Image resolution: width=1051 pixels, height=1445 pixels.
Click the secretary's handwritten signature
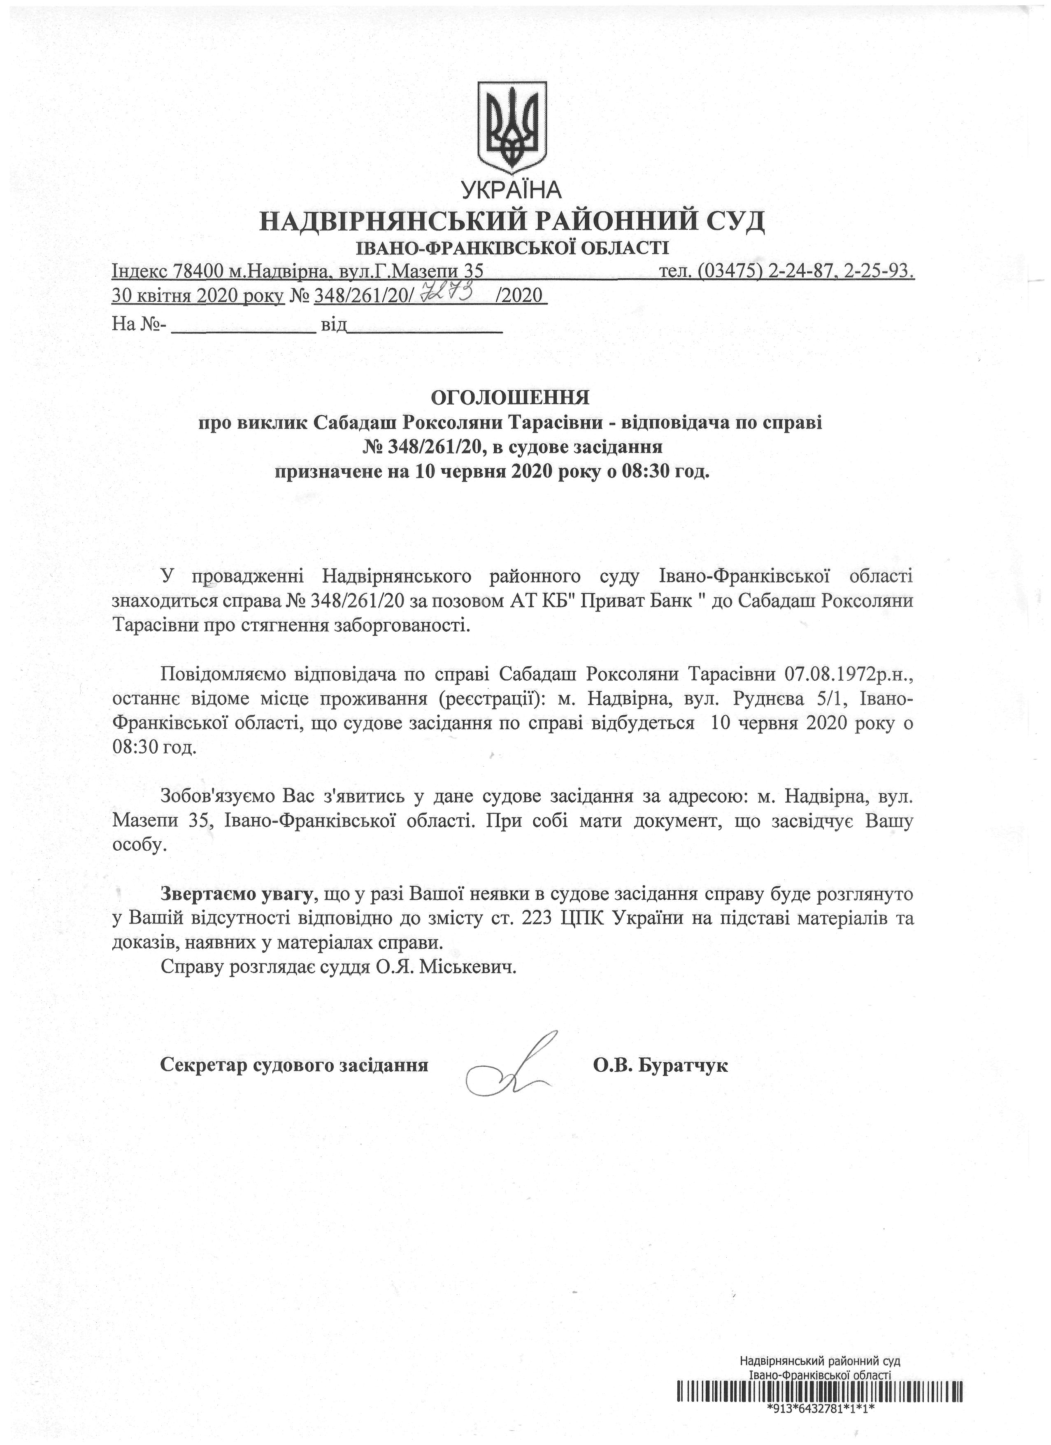(x=507, y=1066)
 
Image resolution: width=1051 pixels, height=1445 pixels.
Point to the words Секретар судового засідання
(x=294, y=1065)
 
